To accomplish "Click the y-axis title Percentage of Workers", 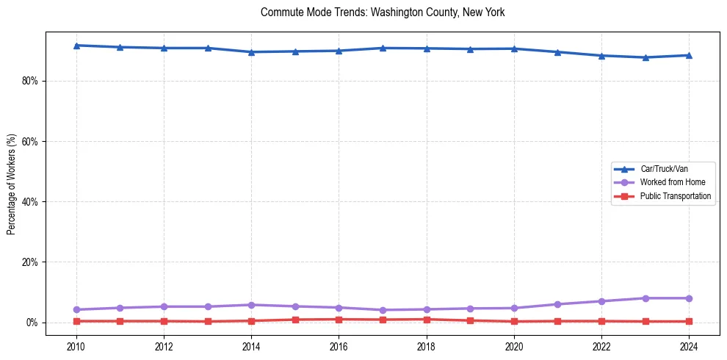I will click(11, 184).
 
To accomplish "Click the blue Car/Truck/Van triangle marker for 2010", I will click(76, 46).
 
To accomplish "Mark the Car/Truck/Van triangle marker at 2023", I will click(645, 57).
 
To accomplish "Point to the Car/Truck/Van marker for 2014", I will click(251, 52).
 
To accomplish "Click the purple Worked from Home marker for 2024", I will click(689, 298).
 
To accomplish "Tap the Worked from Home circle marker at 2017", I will click(383, 310).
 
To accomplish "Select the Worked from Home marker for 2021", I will click(557, 304).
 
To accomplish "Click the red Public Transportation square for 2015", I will click(295, 320).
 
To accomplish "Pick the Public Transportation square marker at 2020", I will click(514, 321).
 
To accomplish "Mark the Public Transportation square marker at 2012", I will click(164, 321).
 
